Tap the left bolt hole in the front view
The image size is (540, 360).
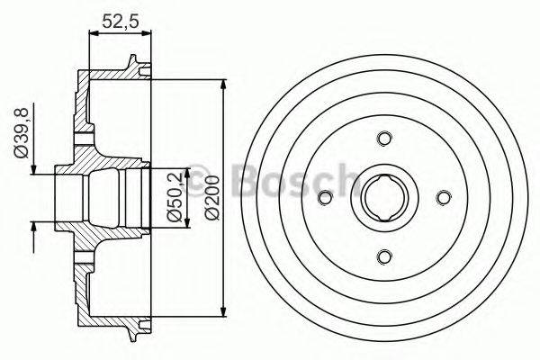coord(325,196)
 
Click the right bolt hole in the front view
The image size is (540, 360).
coord(442,196)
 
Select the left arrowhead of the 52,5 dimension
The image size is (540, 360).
coord(93,33)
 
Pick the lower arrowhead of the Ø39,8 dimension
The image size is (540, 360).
coord(34,229)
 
